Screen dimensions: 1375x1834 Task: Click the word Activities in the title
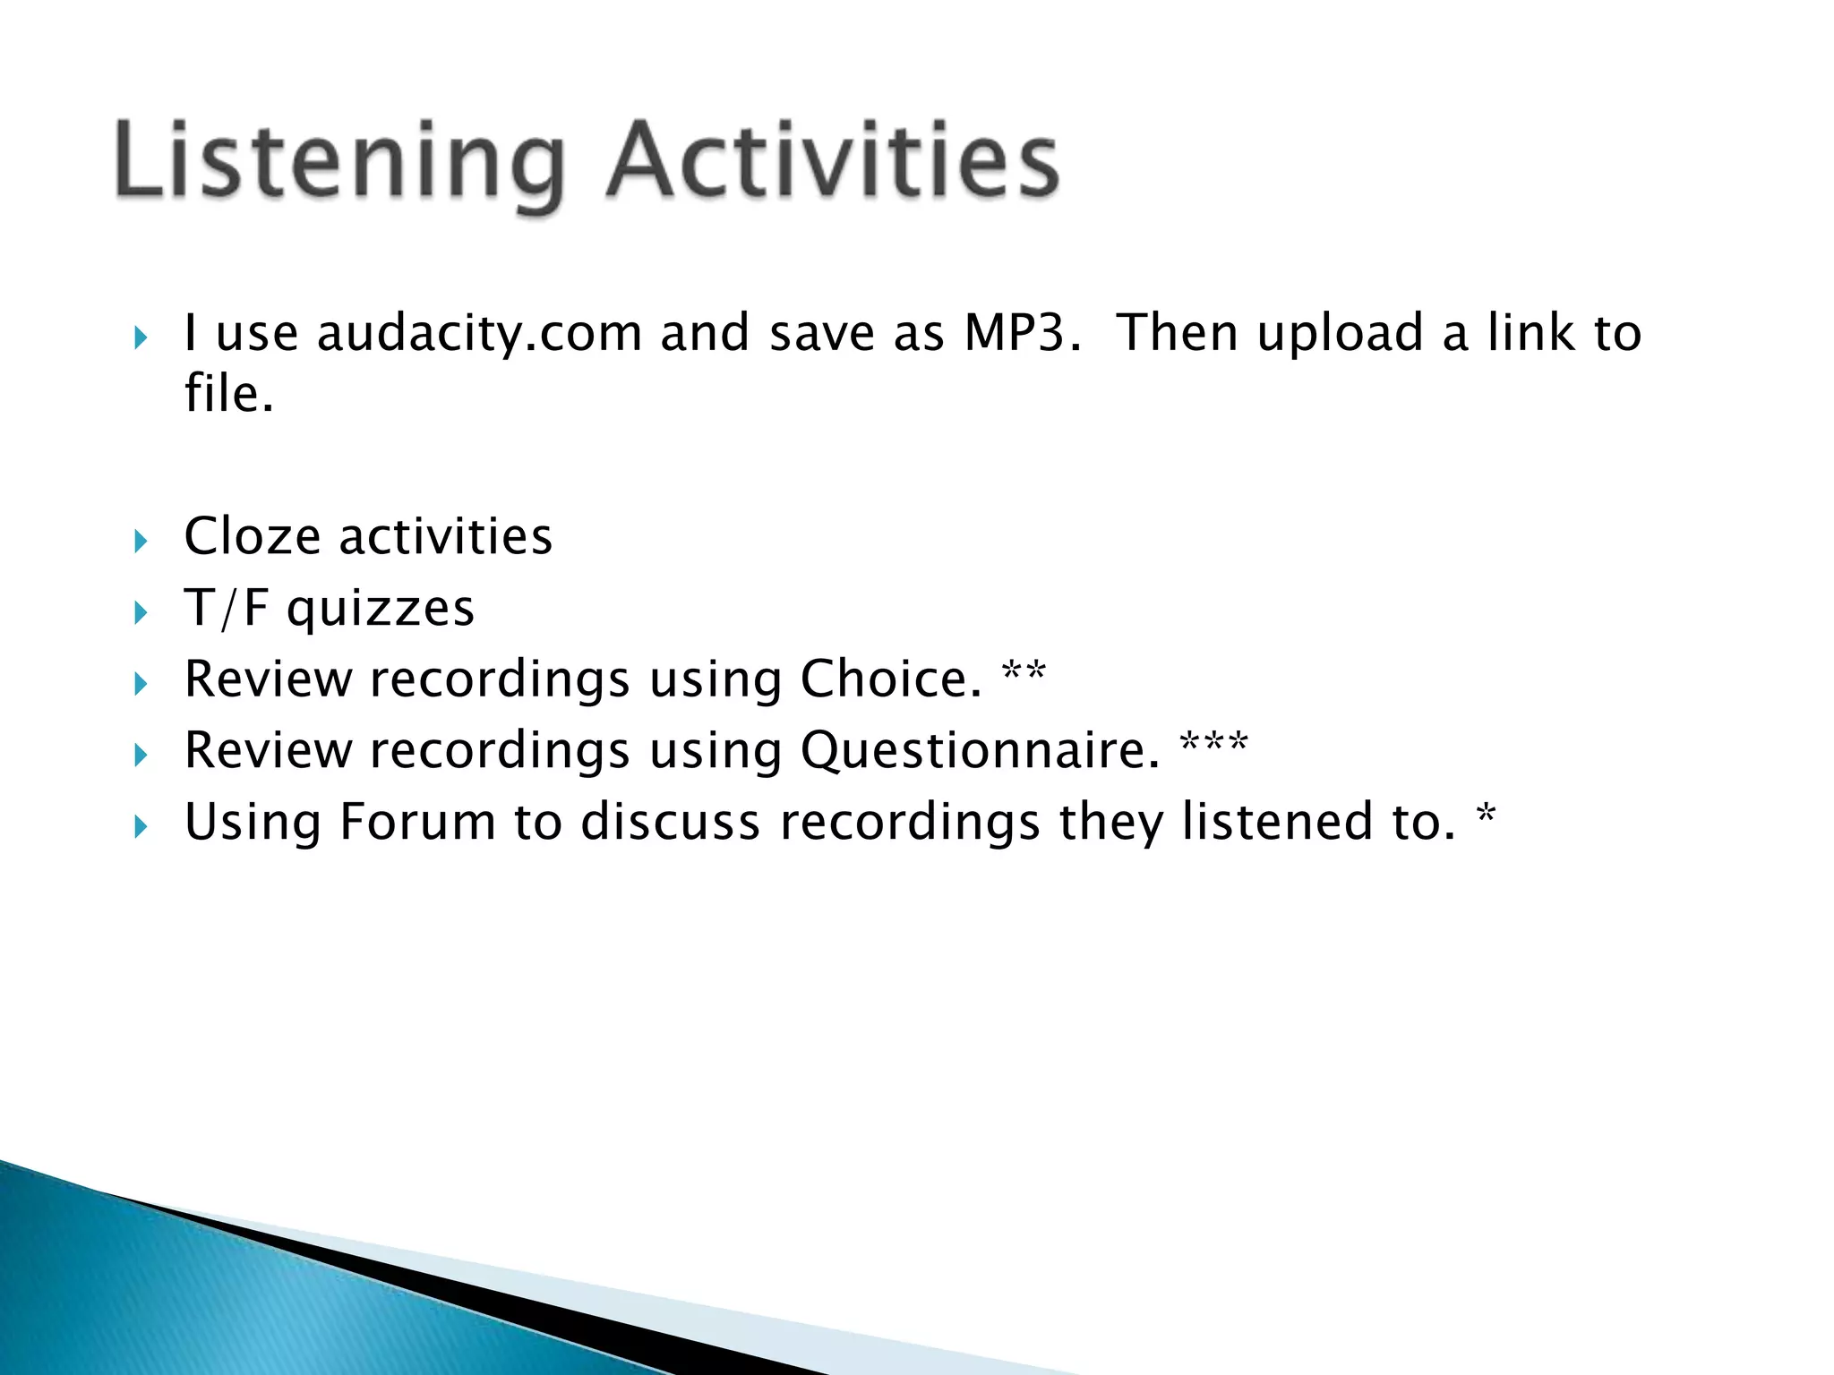832,161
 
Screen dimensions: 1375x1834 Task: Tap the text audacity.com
479,333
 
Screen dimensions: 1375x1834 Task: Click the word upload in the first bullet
1340,333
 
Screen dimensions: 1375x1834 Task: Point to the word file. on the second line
228,394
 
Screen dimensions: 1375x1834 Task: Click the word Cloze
252,537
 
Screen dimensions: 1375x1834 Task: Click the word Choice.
891,679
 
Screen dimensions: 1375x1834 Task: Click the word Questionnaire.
980,750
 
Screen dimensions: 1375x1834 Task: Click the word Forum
417,822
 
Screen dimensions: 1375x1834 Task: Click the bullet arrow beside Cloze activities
140,541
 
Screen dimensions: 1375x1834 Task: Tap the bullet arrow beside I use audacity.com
140,337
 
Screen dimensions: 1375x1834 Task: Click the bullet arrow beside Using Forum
140,826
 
